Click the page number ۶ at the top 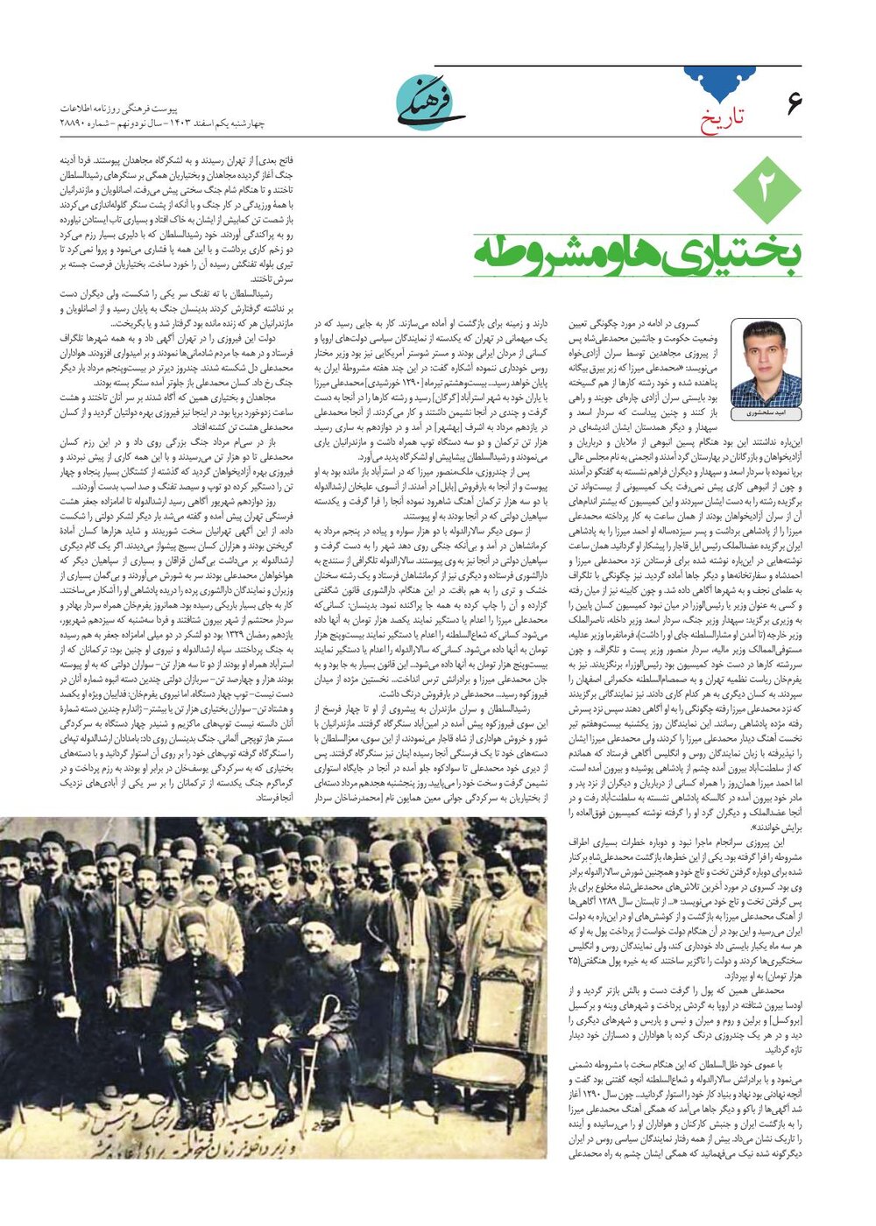click(x=794, y=102)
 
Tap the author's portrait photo click(x=766, y=362)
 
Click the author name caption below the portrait click(x=766, y=412)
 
